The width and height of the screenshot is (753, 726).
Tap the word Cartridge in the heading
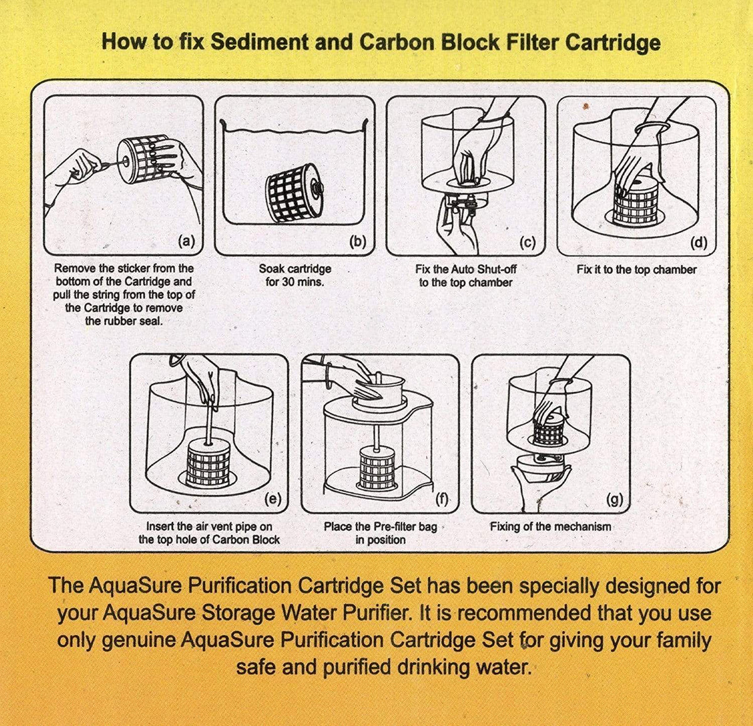tap(612, 42)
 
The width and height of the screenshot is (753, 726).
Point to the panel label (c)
tap(528, 242)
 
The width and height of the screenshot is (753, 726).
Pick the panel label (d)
tap(698, 242)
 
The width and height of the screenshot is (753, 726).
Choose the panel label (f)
tap(443, 499)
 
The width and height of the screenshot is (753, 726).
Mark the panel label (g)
tap(614, 499)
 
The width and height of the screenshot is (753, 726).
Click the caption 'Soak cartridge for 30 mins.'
tap(295, 275)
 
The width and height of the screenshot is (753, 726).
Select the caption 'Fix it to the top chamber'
tap(636, 269)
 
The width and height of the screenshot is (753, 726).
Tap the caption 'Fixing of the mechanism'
tap(550, 526)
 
